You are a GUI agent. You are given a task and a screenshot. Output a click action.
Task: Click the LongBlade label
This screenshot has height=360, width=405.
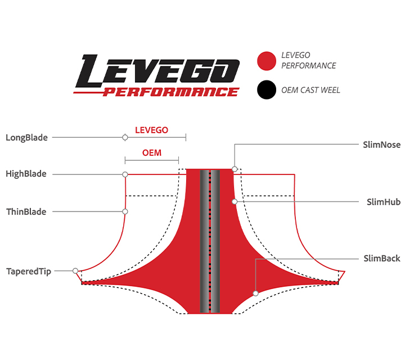pyautogui.click(x=26, y=137)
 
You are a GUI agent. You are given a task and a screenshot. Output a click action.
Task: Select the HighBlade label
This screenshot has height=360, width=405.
pyautogui.click(x=26, y=174)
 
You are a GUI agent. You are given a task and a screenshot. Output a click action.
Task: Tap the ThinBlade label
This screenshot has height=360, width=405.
pyautogui.click(x=26, y=212)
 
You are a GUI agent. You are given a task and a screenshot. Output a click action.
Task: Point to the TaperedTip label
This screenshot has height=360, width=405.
pyautogui.click(x=28, y=271)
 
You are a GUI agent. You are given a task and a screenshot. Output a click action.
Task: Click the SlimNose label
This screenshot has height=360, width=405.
pyautogui.click(x=382, y=145)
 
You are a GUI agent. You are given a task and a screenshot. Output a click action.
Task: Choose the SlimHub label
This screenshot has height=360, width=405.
pyautogui.click(x=383, y=202)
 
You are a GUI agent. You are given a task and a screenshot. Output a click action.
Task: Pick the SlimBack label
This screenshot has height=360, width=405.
pyautogui.click(x=382, y=259)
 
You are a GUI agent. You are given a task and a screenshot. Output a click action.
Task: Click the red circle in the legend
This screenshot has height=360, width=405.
pyautogui.click(x=266, y=61)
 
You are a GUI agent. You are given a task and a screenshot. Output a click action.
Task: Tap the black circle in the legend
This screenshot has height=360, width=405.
pyautogui.click(x=266, y=90)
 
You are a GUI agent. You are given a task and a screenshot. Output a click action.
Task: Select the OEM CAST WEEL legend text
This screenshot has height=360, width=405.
pyautogui.click(x=310, y=90)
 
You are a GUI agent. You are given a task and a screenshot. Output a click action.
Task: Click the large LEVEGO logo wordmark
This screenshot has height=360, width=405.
pyautogui.click(x=159, y=70)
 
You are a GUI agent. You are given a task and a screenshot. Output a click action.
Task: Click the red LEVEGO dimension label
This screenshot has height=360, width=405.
pyautogui.click(x=151, y=130)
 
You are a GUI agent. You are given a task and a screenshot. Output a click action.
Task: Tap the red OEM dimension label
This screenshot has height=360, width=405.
pyautogui.click(x=151, y=152)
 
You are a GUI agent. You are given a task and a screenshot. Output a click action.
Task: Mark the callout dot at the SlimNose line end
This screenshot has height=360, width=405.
pyautogui.click(x=235, y=169)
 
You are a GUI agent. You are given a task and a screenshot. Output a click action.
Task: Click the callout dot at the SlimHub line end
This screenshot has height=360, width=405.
pyautogui.click(x=235, y=201)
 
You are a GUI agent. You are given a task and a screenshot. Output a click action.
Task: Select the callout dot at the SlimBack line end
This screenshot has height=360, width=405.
pyautogui.click(x=256, y=293)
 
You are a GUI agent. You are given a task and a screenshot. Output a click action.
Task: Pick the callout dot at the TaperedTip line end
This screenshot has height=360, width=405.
pyautogui.click(x=76, y=271)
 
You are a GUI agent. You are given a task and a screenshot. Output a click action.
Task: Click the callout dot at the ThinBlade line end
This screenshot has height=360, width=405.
pyautogui.click(x=125, y=212)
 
